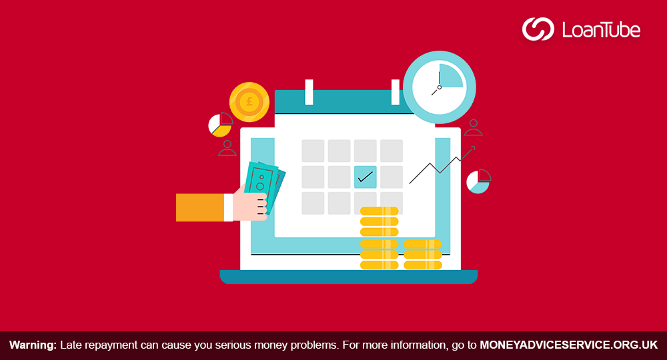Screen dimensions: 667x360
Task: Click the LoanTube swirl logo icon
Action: (x=538, y=29)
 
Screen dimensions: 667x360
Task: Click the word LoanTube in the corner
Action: (x=601, y=30)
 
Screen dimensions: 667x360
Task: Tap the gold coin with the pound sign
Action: (x=249, y=102)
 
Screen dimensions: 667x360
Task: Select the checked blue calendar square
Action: (x=366, y=177)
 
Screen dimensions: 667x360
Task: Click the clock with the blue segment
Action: (x=440, y=87)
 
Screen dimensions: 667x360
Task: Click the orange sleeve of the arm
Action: (x=200, y=207)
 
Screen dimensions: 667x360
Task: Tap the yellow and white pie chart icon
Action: (x=220, y=125)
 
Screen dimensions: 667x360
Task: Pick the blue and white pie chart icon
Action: (x=478, y=181)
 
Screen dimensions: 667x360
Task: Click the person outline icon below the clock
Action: (x=473, y=127)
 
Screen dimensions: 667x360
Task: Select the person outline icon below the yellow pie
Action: (x=227, y=148)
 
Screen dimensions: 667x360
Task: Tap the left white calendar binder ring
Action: (x=309, y=92)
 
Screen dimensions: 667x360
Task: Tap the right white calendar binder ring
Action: (x=396, y=92)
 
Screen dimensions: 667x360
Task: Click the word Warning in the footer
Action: (x=33, y=345)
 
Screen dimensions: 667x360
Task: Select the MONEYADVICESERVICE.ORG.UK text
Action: (x=569, y=345)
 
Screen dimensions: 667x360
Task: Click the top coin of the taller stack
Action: (x=379, y=211)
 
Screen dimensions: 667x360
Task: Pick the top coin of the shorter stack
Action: (x=423, y=244)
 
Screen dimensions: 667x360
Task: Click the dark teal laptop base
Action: (x=348, y=277)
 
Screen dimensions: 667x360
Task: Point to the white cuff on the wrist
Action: (x=228, y=207)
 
